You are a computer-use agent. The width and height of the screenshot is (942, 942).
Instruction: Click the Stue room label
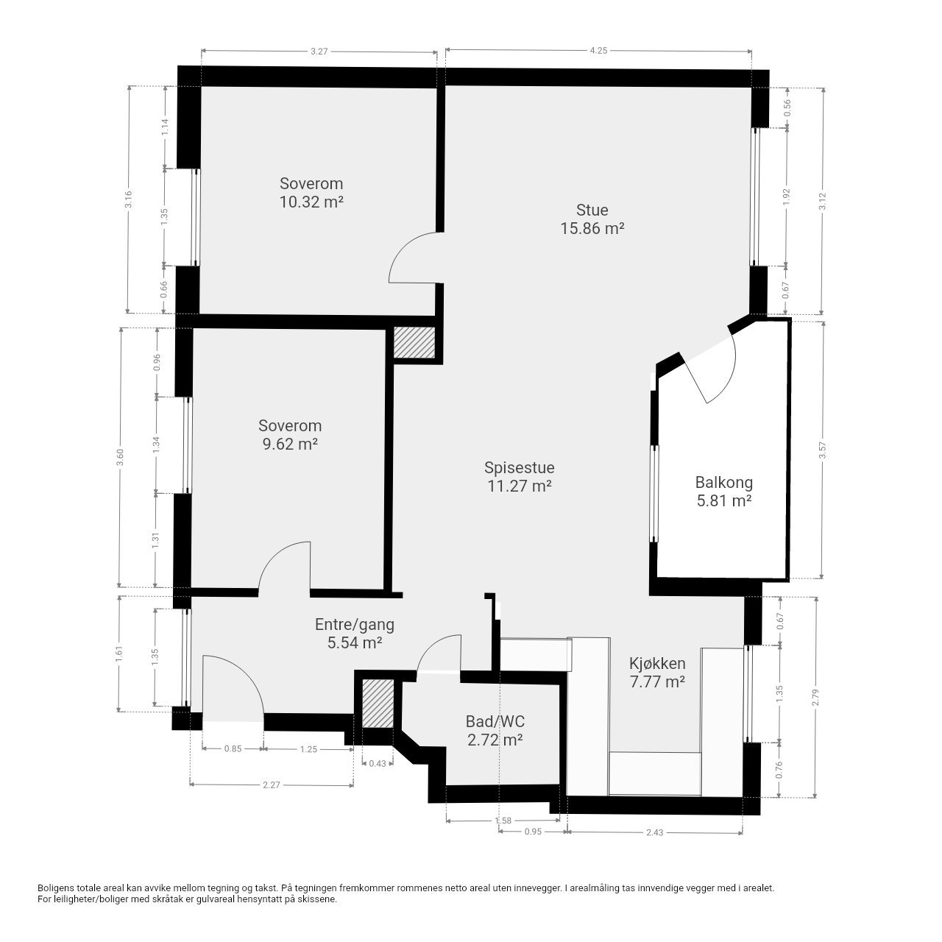pyautogui.click(x=592, y=210)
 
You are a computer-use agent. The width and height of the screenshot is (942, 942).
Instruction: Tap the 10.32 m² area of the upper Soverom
pyautogui.click(x=311, y=202)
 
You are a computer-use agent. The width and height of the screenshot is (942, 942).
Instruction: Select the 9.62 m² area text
pyautogui.click(x=291, y=444)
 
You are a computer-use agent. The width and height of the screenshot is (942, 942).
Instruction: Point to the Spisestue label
pyautogui.click(x=519, y=468)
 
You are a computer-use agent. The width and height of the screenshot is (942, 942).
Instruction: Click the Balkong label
pyautogui.click(x=724, y=483)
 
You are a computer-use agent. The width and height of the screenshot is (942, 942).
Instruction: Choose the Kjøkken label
pyautogui.click(x=657, y=663)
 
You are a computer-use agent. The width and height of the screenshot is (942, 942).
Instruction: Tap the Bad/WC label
pyautogui.click(x=495, y=721)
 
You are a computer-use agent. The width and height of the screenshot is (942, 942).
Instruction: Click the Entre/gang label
pyautogui.click(x=355, y=624)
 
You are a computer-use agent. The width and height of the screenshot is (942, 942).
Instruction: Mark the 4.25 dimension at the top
pyautogui.click(x=598, y=50)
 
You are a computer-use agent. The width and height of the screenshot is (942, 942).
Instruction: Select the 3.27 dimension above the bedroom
pyautogui.click(x=319, y=51)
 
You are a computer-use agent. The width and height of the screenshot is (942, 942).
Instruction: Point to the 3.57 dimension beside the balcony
pyautogui.click(x=824, y=450)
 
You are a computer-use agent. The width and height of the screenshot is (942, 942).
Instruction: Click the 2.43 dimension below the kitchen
pyautogui.click(x=654, y=832)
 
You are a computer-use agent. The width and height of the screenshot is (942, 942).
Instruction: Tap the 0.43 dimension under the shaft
pyautogui.click(x=378, y=763)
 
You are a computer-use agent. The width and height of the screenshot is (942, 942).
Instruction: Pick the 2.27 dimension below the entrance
pyautogui.click(x=272, y=785)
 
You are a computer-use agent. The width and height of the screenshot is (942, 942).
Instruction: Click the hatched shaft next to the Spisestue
pyautogui.click(x=414, y=342)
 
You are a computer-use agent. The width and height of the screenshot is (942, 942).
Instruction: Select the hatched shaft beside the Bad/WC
pyautogui.click(x=378, y=703)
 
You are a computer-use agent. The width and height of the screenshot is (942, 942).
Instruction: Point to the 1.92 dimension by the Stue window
pyautogui.click(x=787, y=196)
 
